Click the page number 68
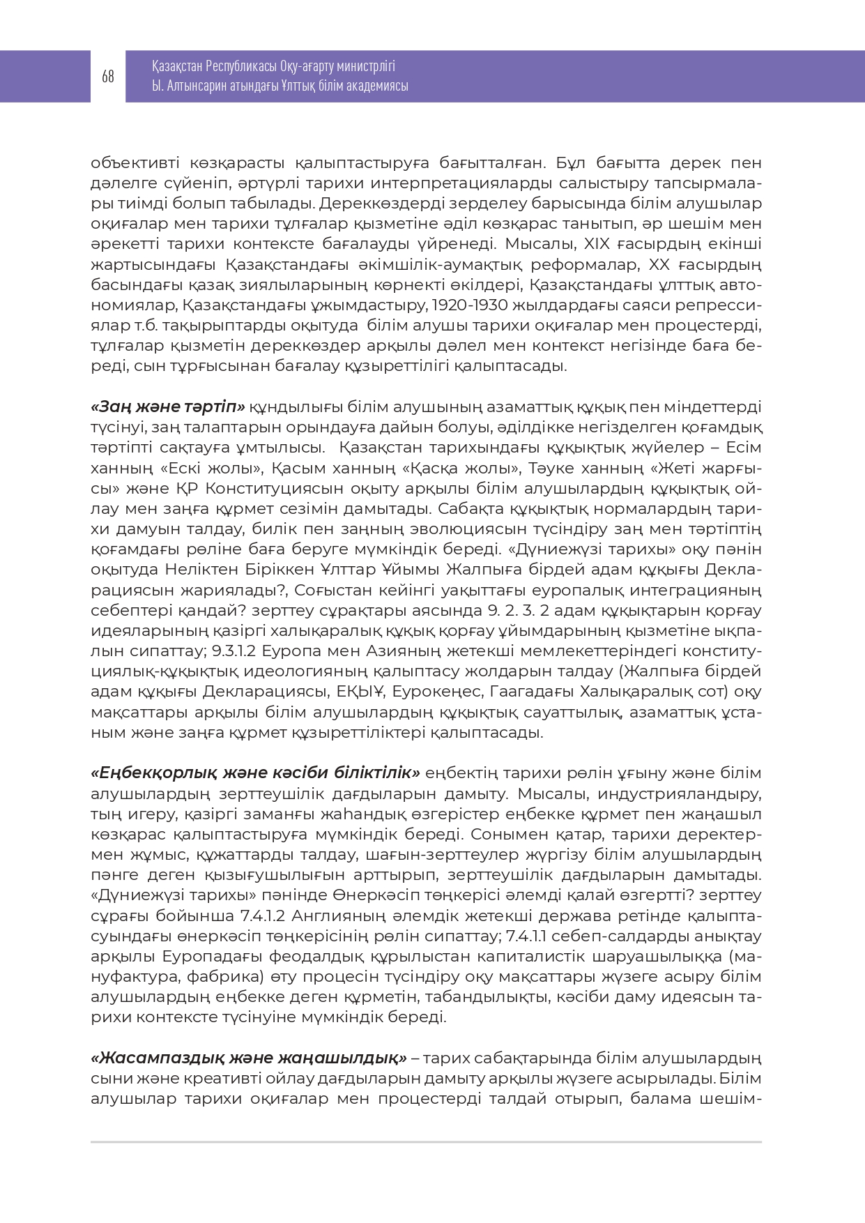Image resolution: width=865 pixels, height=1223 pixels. tap(108, 77)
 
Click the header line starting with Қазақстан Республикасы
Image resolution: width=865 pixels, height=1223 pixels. tap(273, 66)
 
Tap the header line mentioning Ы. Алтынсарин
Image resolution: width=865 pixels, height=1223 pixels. tap(280, 86)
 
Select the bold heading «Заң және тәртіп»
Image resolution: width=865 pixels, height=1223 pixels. tap(168, 407)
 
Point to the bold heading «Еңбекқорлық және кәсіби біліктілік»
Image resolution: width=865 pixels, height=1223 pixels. tap(255, 773)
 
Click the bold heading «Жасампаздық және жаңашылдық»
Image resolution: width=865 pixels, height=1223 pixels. tap(249, 1058)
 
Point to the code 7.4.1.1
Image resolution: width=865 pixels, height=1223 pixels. tap(531, 936)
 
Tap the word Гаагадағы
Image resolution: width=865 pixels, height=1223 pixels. tap(530, 692)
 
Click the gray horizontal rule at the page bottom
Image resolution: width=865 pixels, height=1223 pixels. tap(426, 1142)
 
